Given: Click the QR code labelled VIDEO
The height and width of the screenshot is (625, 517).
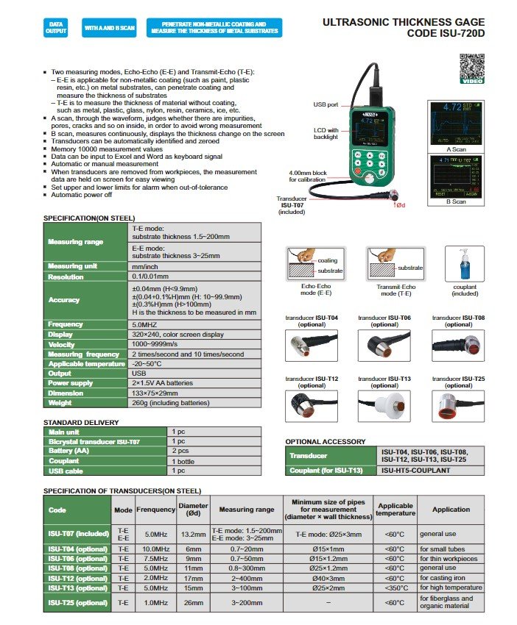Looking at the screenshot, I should point(471,67).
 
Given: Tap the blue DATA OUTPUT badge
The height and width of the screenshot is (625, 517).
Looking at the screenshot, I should point(57,28).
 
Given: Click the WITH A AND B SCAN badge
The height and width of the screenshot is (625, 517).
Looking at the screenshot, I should point(109,28).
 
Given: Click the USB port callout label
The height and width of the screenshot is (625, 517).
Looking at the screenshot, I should point(325,104).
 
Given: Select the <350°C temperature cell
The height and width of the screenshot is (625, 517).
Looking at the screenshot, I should point(395,587).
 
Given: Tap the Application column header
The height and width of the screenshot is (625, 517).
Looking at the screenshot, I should point(451,509).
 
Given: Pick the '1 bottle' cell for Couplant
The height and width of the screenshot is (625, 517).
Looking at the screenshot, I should point(183,460).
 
